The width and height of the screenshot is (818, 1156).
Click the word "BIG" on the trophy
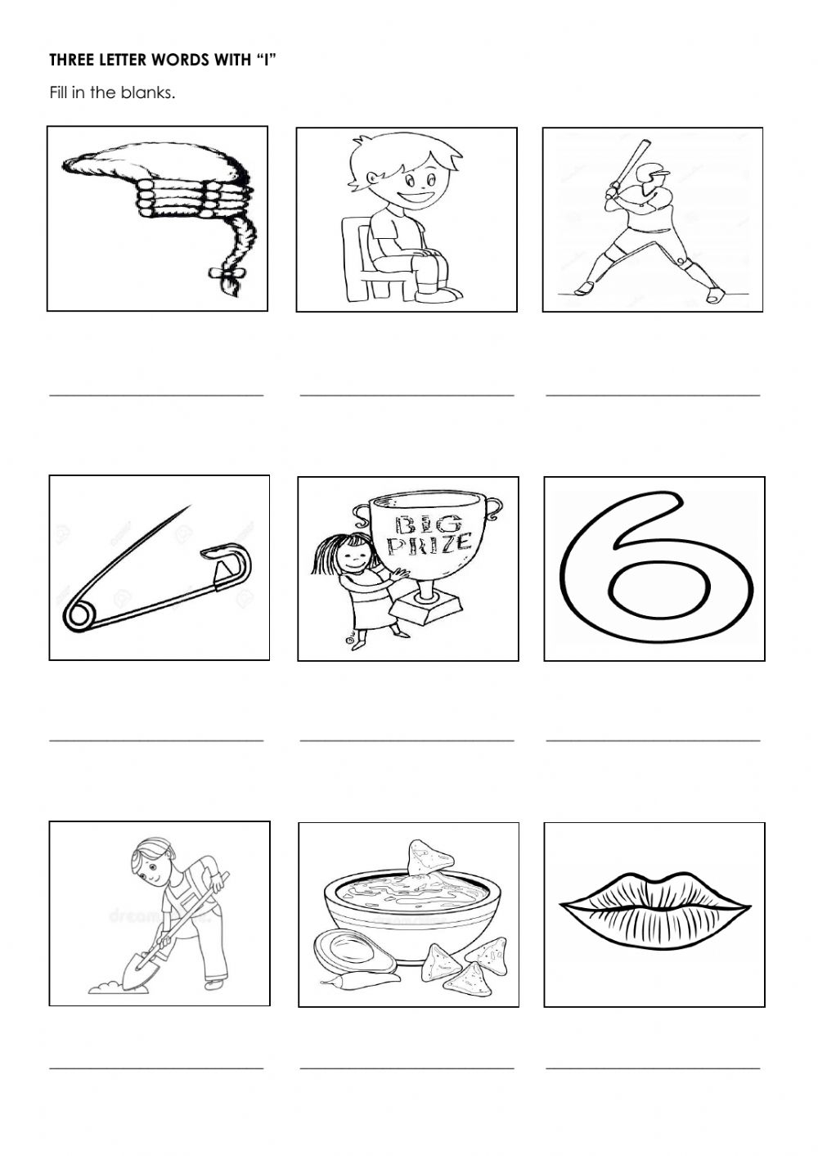coord(417,524)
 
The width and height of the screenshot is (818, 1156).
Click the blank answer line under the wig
coord(156,394)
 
